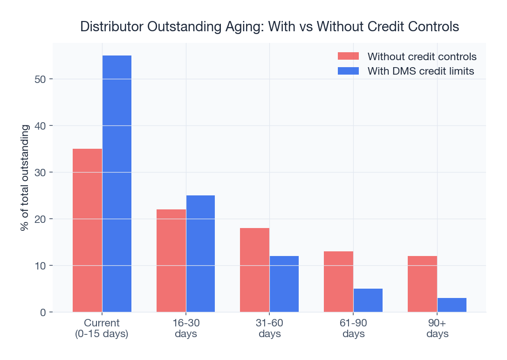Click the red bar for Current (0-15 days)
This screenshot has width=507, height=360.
(87, 230)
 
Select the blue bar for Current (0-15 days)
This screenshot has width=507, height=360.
(117, 184)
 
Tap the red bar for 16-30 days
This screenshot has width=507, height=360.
(171, 261)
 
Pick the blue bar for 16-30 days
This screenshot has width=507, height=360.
(200, 254)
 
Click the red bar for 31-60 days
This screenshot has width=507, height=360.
(254, 270)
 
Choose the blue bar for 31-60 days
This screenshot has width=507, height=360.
(284, 284)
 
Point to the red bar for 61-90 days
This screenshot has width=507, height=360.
(338, 282)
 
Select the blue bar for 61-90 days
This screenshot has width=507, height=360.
(368, 300)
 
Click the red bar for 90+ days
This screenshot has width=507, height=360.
(422, 284)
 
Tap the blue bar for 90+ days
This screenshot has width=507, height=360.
(452, 305)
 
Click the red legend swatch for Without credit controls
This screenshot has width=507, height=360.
(348, 56)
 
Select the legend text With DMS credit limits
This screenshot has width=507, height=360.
(421, 71)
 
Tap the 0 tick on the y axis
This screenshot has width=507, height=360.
(43, 312)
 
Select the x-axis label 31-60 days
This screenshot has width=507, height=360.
(269, 328)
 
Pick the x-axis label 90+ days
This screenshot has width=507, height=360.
(437, 328)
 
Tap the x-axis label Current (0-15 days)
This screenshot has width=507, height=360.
(102, 328)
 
